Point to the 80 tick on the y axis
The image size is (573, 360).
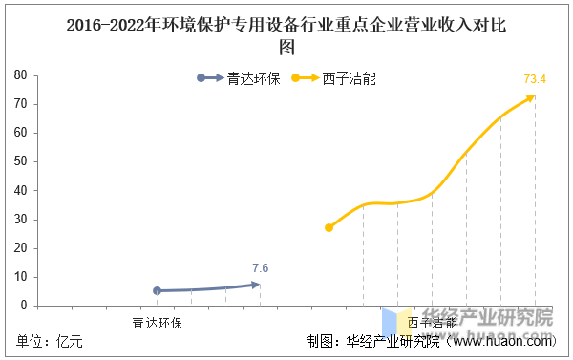pos(19,74)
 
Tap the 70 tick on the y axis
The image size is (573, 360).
pos(19,103)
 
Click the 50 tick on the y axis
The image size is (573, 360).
pos(19,161)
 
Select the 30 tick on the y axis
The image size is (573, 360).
pos(19,220)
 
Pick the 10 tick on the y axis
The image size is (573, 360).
pos(19,277)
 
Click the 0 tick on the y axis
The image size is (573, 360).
pos(23,306)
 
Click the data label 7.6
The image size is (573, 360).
pos(260,268)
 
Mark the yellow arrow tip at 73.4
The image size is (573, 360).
pos(533,96)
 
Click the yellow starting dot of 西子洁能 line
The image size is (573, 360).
pos(329,227)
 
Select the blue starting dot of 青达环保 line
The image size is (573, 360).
pos(158,290)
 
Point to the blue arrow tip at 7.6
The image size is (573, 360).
pos(258,284)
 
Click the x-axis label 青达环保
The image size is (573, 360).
pos(157,322)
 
